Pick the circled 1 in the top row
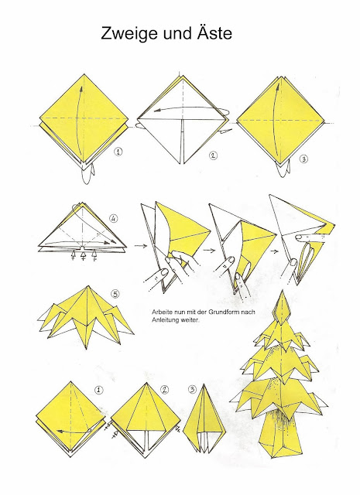tap(117, 152)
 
